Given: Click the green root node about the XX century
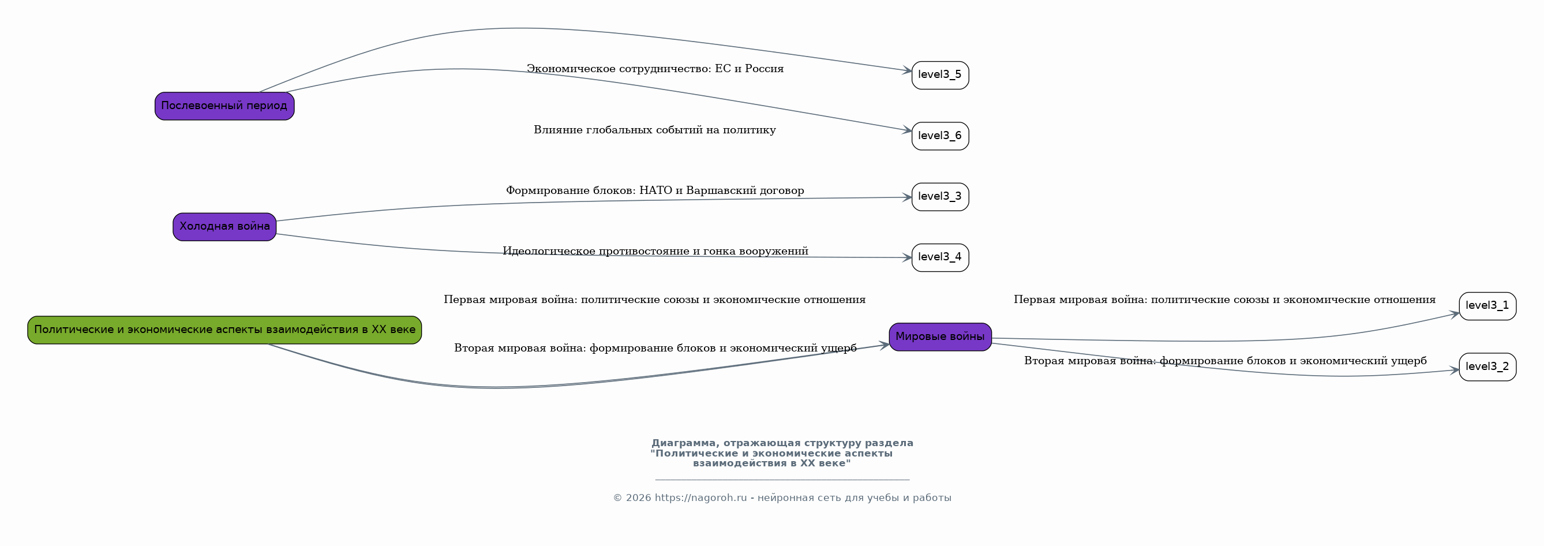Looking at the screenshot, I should tap(224, 330).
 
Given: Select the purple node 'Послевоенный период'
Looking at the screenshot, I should tap(224, 106).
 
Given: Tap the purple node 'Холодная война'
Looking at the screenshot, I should tap(224, 227).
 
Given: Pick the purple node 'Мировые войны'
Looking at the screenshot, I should tap(940, 337).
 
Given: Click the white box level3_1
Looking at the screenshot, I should tap(1487, 306).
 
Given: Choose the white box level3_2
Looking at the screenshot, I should tap(1487, 367).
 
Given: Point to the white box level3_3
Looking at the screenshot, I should tap(940, 197).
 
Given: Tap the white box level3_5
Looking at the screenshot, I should tap(940, 75).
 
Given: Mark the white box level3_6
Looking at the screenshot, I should tap(940, 136).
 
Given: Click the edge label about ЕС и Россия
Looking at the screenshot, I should tap(654, 69).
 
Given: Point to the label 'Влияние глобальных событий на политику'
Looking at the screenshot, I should tap(654, 130).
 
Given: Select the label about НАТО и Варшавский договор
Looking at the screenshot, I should tap(654, 190).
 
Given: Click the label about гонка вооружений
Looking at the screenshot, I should tap(654, 251).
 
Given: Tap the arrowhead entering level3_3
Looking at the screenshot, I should tap(907, 197).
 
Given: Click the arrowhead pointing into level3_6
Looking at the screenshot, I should tap(907, 130).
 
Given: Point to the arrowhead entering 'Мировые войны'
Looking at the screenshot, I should tap(884, 345).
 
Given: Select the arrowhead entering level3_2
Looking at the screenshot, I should tap(1454, 371).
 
